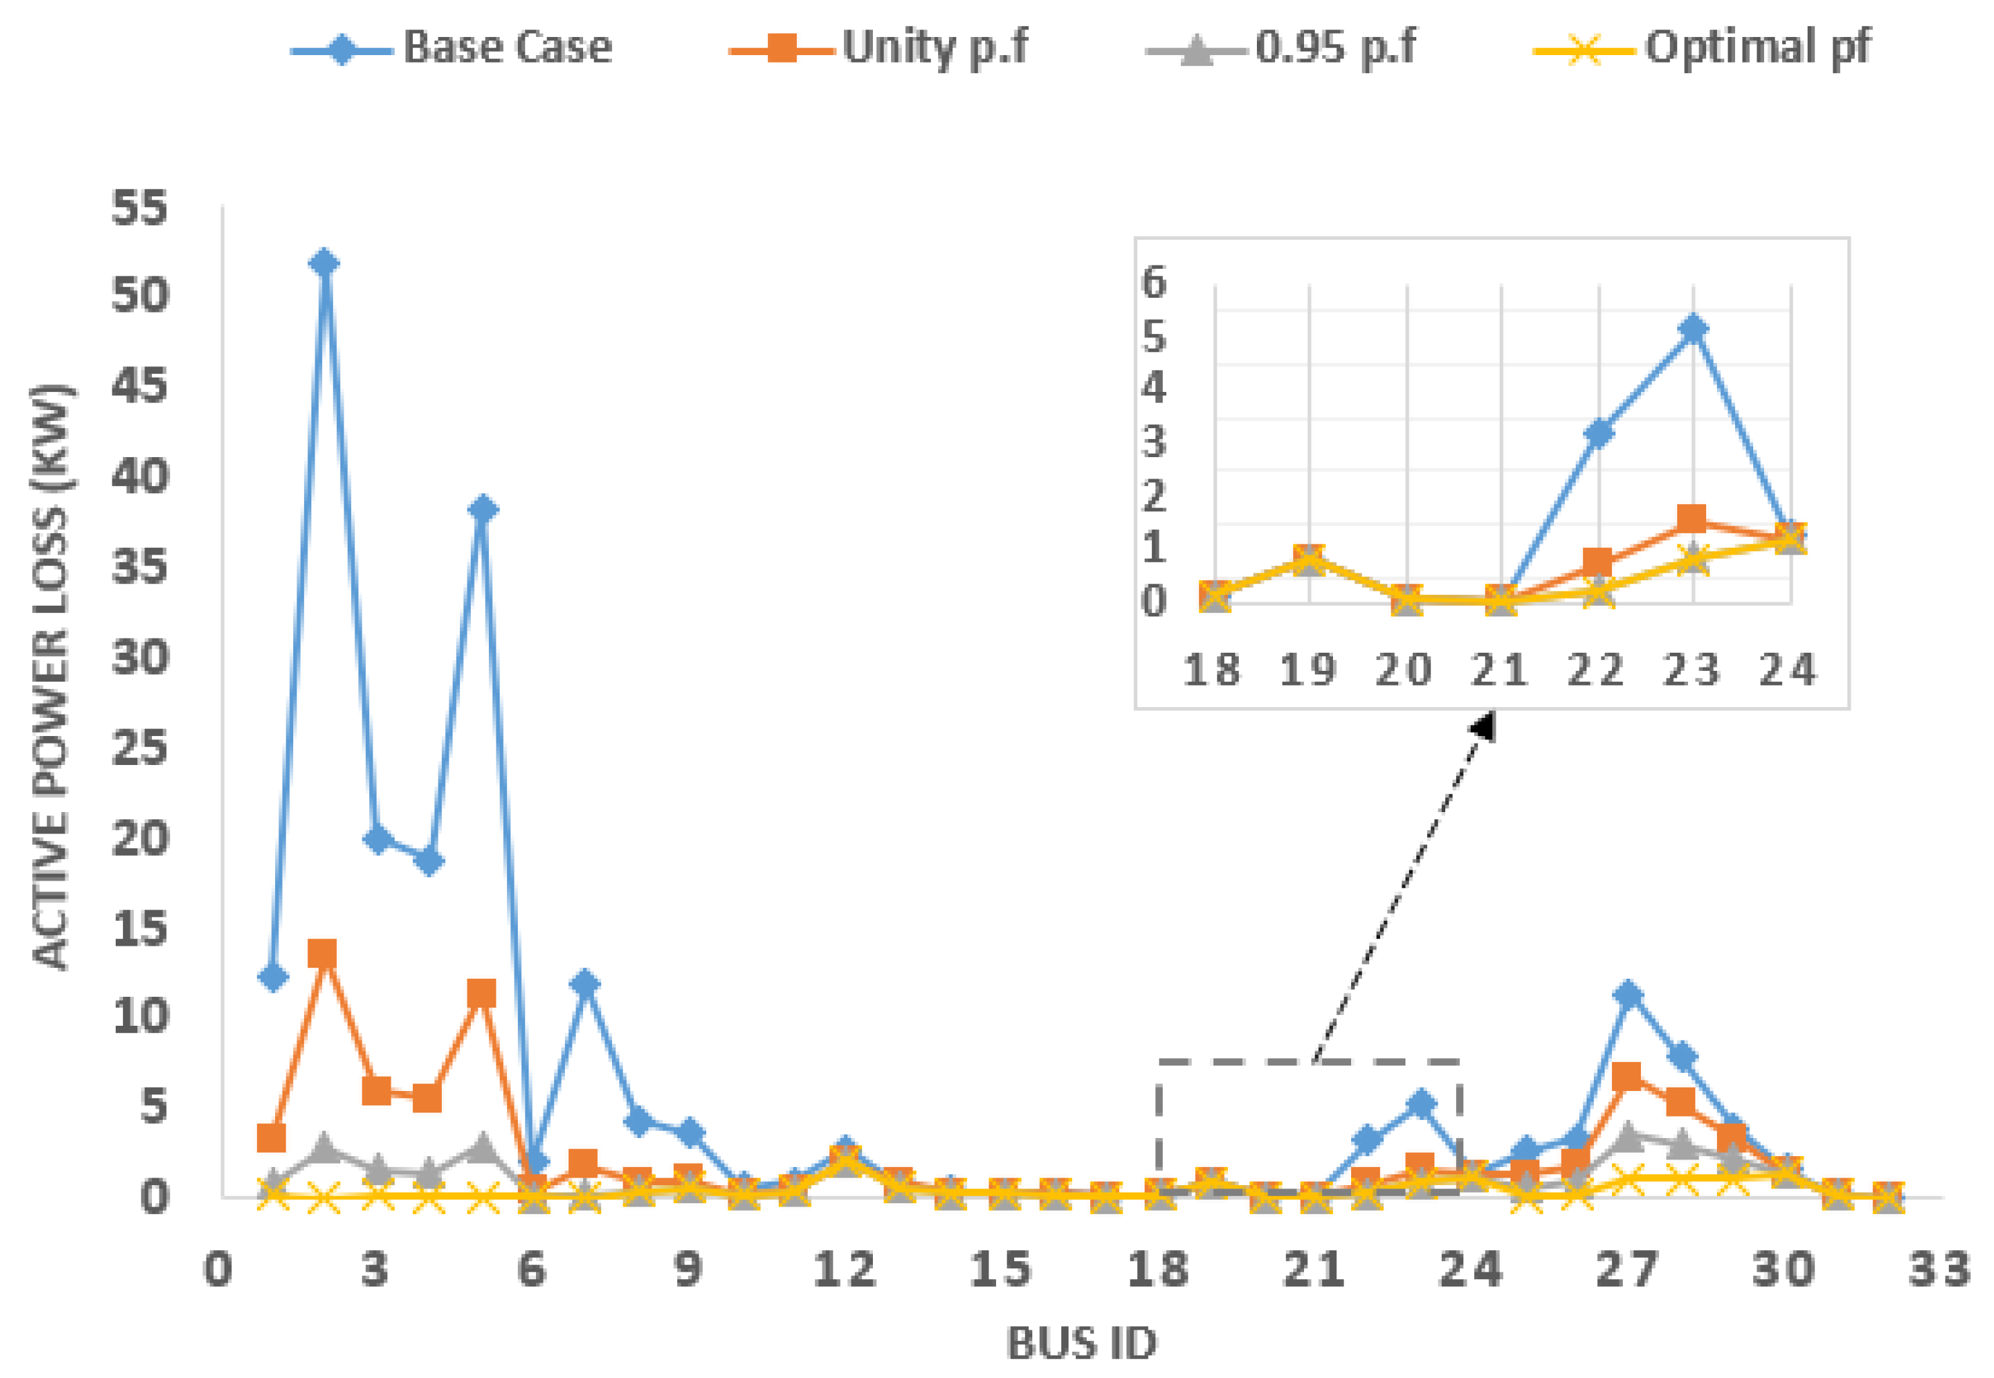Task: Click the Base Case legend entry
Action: click(453, 48)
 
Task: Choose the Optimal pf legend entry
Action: click(1701, 48)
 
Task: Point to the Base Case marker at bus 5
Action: click(482, 509)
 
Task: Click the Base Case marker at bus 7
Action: click(586, 983)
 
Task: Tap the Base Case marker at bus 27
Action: click(1628, 995)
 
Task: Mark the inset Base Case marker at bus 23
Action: click(1694, 329)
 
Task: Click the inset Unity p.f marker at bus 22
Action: click(1599, 563)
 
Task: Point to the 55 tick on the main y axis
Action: click(140, 208)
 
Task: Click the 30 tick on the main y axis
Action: click(140, 658)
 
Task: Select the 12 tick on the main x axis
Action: click(845, 1270)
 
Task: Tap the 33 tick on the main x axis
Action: click(1940, 1270)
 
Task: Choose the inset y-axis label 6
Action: click(1155, 282)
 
